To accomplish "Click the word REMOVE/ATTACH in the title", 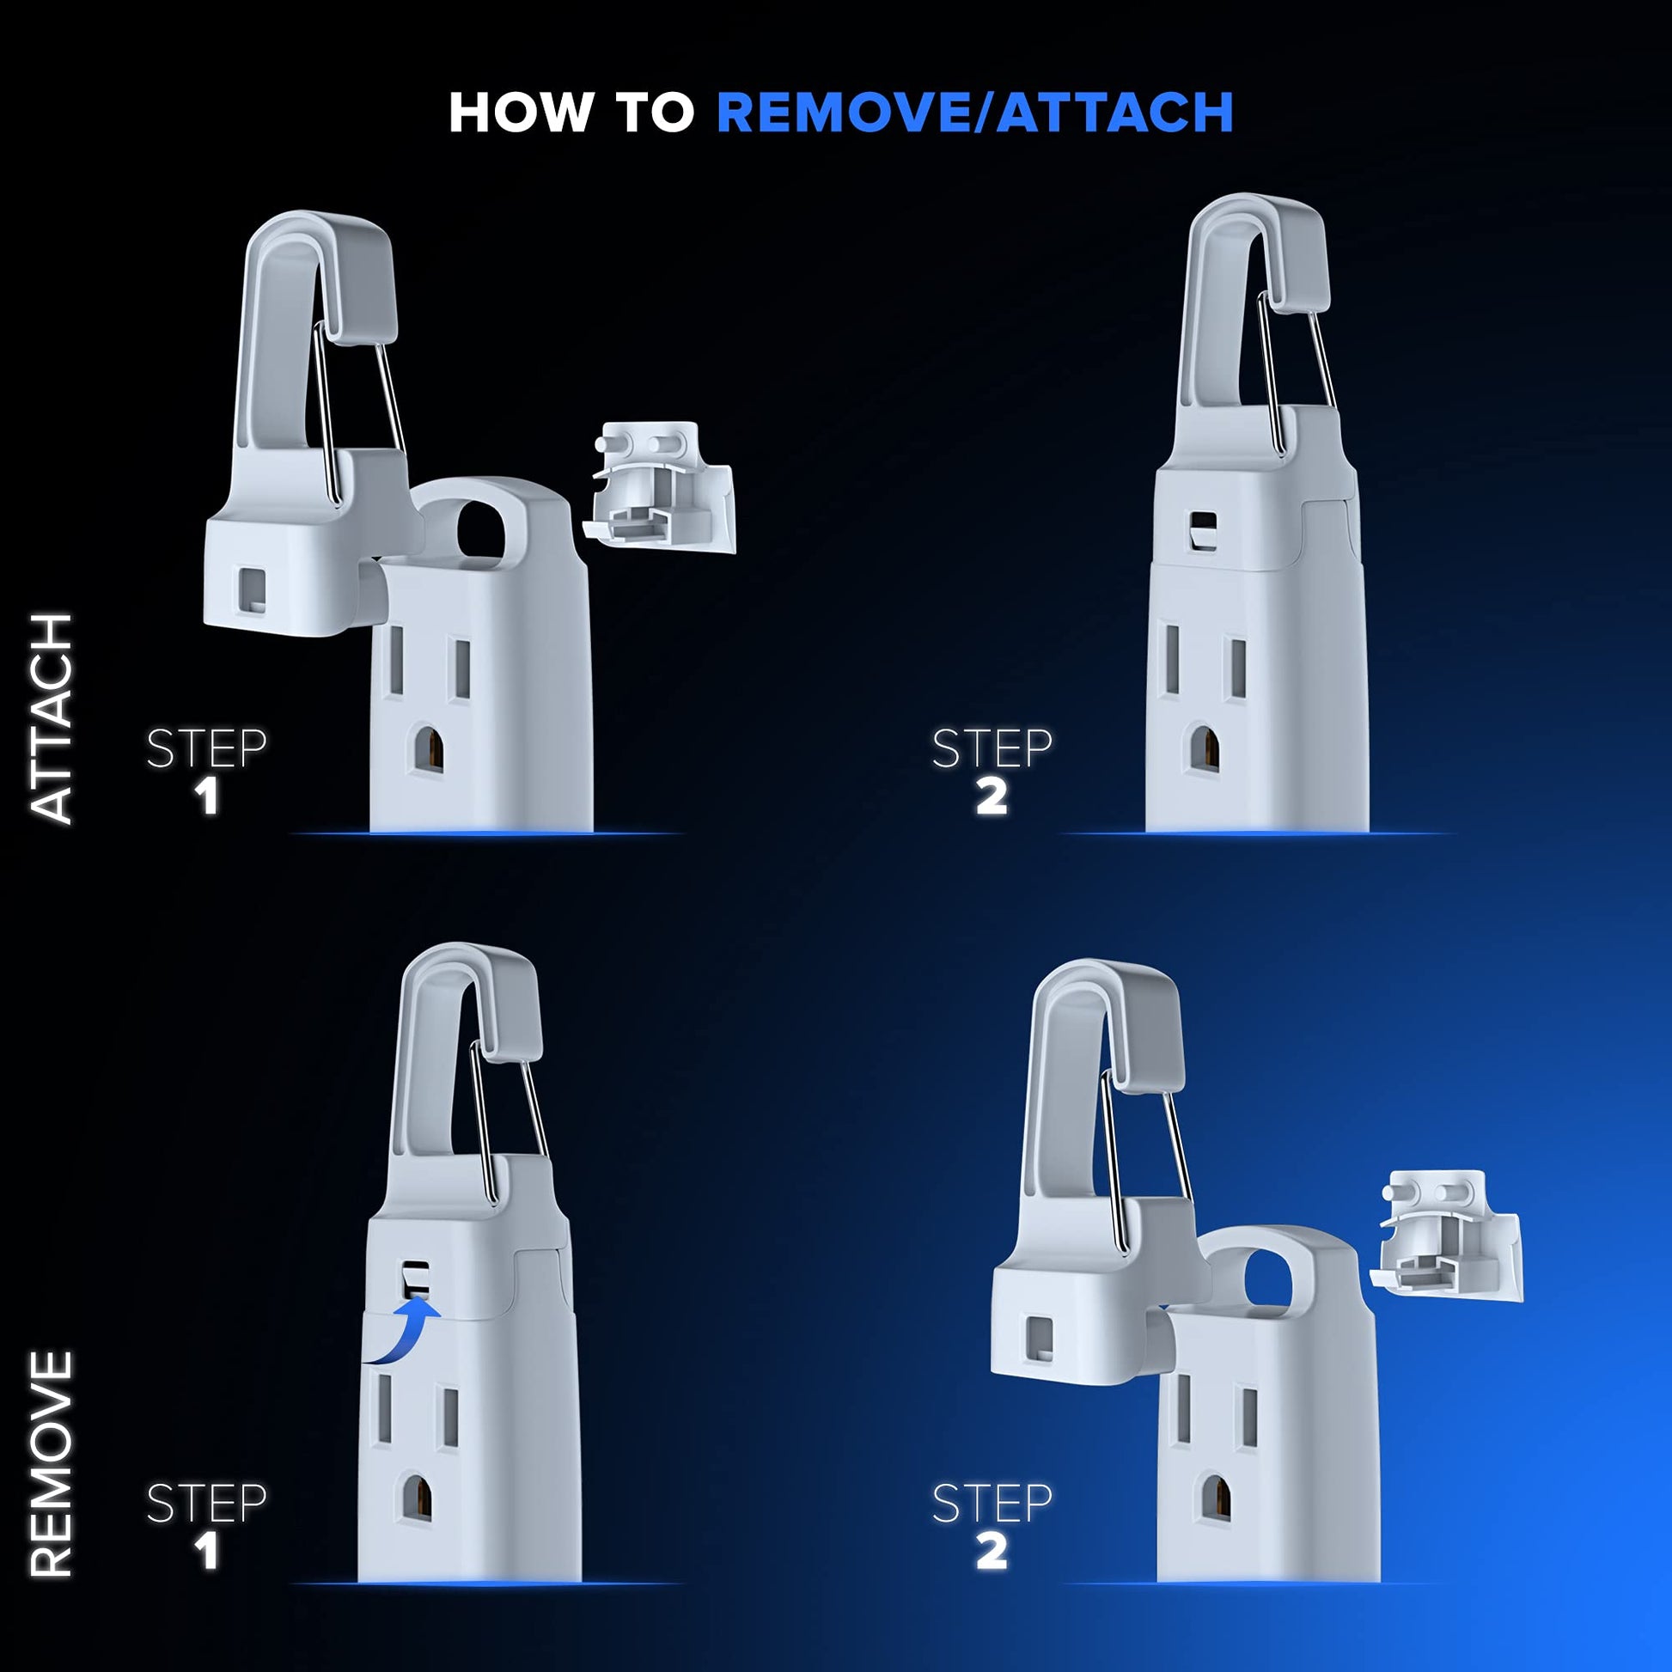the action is point(974,113).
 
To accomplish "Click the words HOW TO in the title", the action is point(571,113).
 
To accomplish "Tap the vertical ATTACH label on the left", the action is point(52,717).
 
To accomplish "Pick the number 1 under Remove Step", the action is point(207,1552).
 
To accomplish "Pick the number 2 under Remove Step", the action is point(992,1552).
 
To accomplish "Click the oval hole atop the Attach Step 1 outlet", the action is point(480,528).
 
